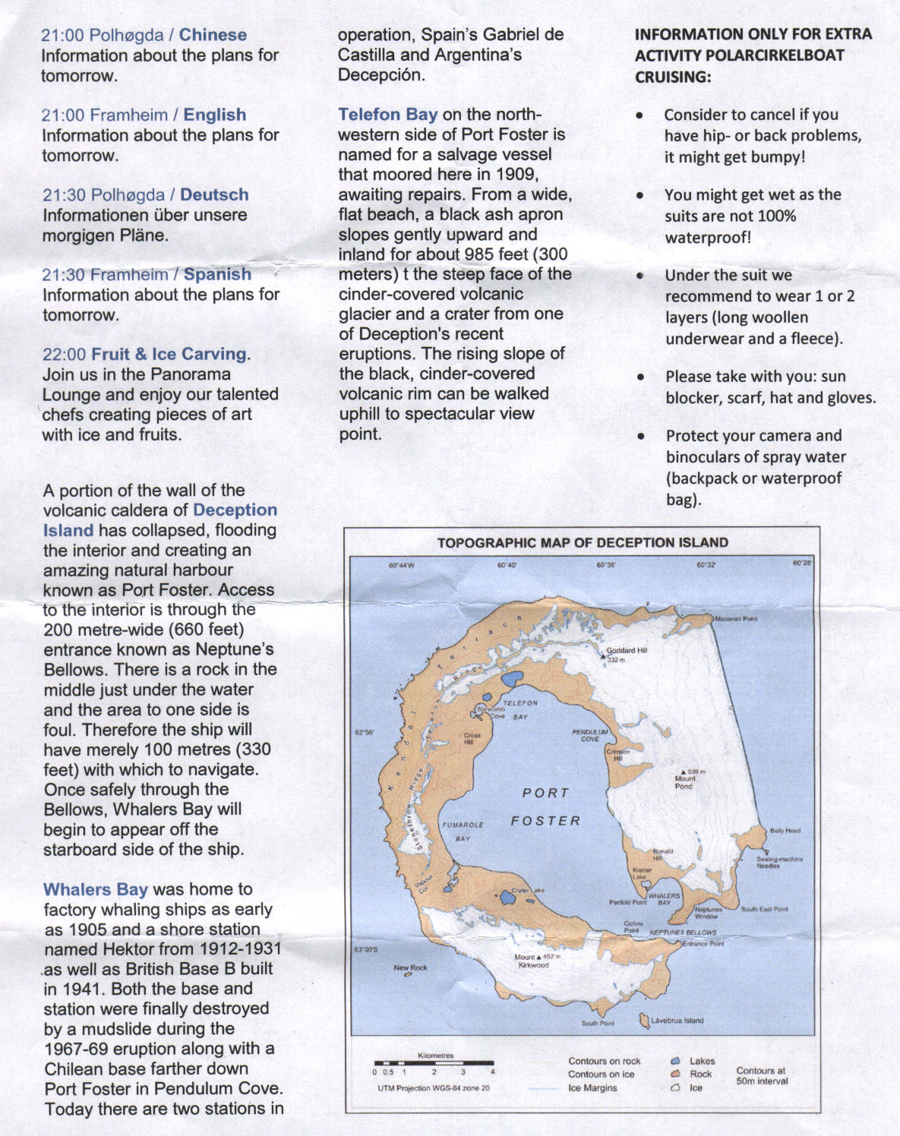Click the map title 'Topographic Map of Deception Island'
pos(582,542)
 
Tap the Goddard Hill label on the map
pos(626,651)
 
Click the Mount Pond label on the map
pos(684,782)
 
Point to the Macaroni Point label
pos(736,619)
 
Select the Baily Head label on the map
pos(785,831)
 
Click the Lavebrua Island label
pos(677,1021)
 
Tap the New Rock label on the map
pos(410,967)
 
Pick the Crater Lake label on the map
pos(527,891)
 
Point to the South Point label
pos(598,1024)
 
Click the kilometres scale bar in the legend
pos(434,1064)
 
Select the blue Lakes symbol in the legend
pos(675,1061)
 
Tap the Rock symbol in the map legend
pos(675,1074)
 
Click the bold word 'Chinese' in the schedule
pos(213,35)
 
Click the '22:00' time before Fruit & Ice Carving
pos(64,355)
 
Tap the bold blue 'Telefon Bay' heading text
pos(387,115)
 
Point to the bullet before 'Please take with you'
pos(642,377)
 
